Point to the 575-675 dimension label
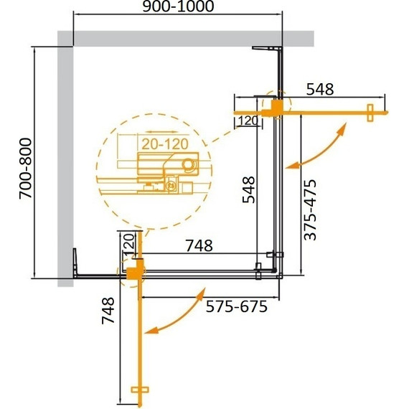(x=236, y=307)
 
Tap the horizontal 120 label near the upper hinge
(x=248, y=121)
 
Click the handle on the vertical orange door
(x=139, y=390)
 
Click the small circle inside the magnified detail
(x=189, y=165)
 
